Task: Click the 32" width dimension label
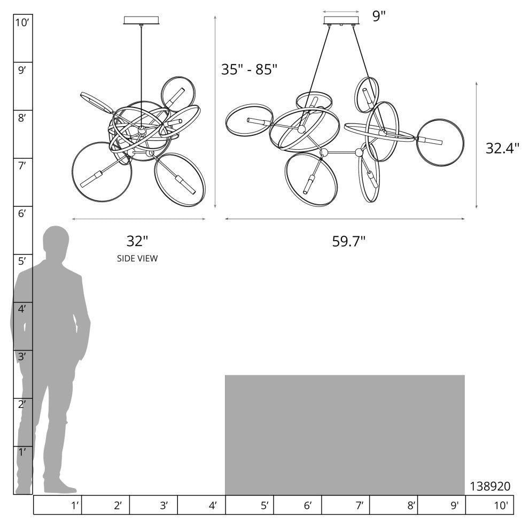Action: tap(137, 241)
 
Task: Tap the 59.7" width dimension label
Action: tap(349, 242)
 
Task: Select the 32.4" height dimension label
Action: tap(502, 148)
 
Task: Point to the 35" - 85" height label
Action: tap(249, 69)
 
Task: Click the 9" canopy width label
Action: tap(379, 16)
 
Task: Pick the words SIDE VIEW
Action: tap(137, 258)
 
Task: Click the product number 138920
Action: tap(490, 486)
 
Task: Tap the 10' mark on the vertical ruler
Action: tap(22, 22)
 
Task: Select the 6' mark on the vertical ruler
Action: tap(22, 213)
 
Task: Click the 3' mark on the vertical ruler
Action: tap(22, 356)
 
